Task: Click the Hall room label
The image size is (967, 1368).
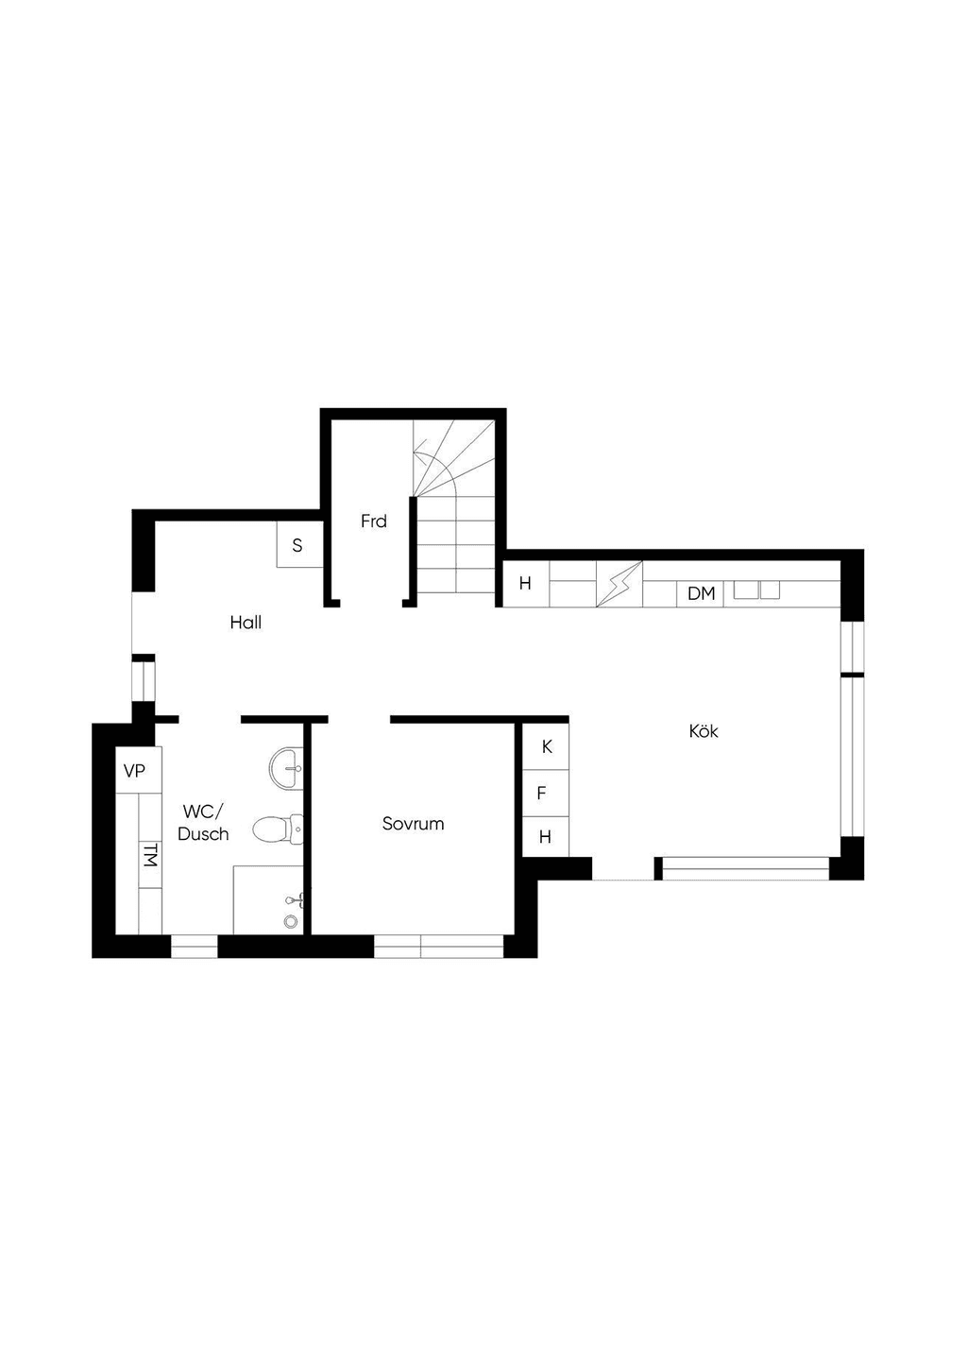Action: point(246,623)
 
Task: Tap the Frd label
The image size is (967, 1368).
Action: point(374,521)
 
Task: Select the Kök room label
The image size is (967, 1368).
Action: point(704,731)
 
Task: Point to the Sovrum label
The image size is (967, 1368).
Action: point(414,823)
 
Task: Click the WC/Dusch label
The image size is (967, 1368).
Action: point(203,823)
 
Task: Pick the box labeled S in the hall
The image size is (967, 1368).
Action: point(298,544)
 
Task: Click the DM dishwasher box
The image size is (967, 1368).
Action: point(700,593)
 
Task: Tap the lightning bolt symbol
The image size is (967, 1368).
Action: point(619,585)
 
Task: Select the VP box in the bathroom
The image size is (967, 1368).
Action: point(139,770)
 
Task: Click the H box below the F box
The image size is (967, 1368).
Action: point(546,836)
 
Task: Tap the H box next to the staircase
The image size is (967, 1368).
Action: point(525,584)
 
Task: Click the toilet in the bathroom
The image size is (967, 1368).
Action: point(278,829)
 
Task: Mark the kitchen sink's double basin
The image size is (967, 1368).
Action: point(757,590)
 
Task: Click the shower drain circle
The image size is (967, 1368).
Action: point(291,920)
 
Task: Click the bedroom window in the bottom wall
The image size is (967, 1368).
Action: point(438,946)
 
